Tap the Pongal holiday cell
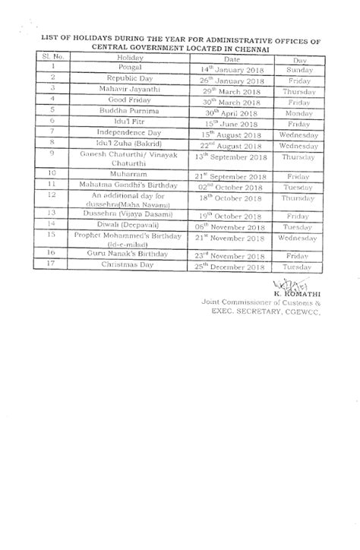coord(125,67)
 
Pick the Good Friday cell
coord(125,99)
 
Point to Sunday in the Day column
coord(298,67)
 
